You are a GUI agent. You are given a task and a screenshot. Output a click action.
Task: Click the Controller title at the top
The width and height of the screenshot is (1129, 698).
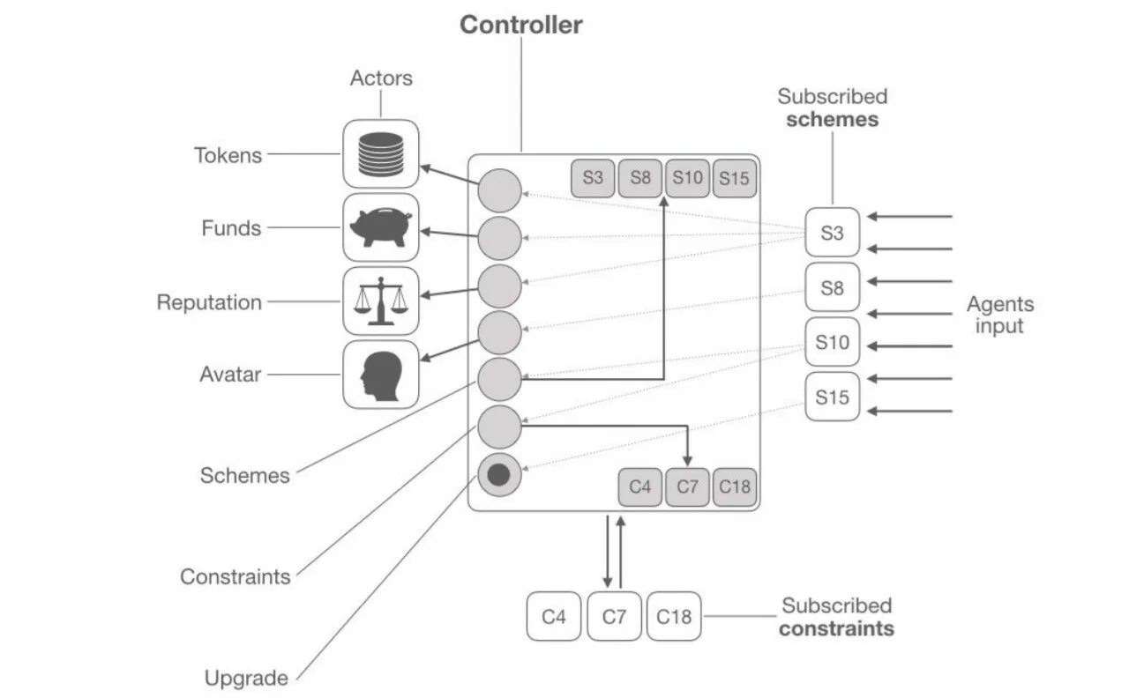(x=520, y=25)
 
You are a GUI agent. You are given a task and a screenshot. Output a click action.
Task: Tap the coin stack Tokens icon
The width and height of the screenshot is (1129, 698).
(x=380, y=154)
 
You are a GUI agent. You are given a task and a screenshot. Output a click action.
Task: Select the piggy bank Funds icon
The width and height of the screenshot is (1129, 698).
(x=380, y=227)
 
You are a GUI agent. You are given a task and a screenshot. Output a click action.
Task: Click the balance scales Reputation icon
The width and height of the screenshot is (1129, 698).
(x=380, y=301)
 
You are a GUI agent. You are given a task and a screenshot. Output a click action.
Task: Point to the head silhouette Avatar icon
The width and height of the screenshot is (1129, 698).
(x=381, y=375)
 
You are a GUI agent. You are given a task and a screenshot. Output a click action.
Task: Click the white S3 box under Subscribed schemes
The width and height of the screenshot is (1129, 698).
(x=832, y=232)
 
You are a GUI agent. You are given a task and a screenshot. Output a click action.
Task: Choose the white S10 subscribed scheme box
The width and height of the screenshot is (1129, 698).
(x=832, y=342)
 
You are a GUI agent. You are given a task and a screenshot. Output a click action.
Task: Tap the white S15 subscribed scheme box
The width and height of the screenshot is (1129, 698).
(x=832, y=397)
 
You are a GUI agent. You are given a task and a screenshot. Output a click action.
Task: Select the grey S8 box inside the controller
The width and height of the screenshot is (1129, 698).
(x=640, y=178)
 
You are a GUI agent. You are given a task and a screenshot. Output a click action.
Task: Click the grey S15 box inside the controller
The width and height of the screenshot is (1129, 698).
(x=735, y=178)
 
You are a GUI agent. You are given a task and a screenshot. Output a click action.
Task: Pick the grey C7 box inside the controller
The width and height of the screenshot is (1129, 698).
(x=687, y=487)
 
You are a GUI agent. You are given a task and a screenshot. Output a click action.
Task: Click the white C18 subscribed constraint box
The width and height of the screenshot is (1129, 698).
(x=674, y=616)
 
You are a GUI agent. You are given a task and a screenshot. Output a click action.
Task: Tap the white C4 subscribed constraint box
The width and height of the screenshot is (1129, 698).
(x=553, y=616)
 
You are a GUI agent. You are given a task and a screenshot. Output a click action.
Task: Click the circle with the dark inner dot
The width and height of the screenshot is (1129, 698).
(x=499, y=475)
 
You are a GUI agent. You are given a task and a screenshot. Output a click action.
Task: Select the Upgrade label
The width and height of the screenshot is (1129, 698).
(x=246, y=678)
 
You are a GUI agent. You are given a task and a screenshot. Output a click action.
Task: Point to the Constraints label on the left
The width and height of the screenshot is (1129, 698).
(x=236, y=576)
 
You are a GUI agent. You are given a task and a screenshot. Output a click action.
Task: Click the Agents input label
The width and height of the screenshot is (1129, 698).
(x=1000, y=315)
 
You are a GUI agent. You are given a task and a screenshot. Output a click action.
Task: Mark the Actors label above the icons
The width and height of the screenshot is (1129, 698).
(x=382, y=78)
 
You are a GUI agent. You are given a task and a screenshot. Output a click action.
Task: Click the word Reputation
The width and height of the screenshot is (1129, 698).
(x=209, y=302)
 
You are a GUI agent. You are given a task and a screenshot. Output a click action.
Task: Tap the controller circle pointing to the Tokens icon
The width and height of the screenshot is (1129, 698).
(x=499, y=190)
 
